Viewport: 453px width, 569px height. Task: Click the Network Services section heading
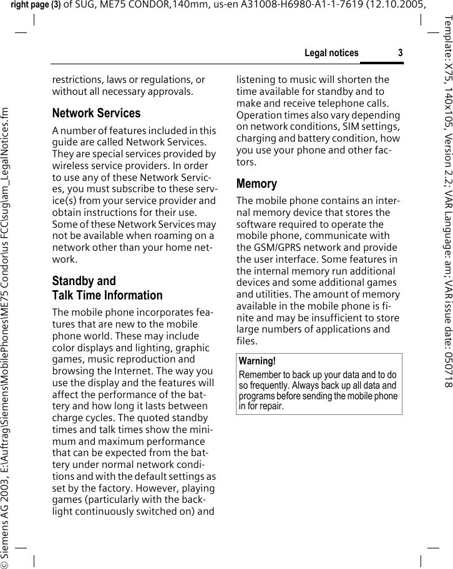(x=96, y=114)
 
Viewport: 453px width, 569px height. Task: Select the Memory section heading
(x=256, y=184)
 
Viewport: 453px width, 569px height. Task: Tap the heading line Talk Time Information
(x=107, y=278)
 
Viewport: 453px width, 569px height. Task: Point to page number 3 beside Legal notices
(x=400, y=53)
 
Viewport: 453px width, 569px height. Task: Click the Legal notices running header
(x=331, y=53)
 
